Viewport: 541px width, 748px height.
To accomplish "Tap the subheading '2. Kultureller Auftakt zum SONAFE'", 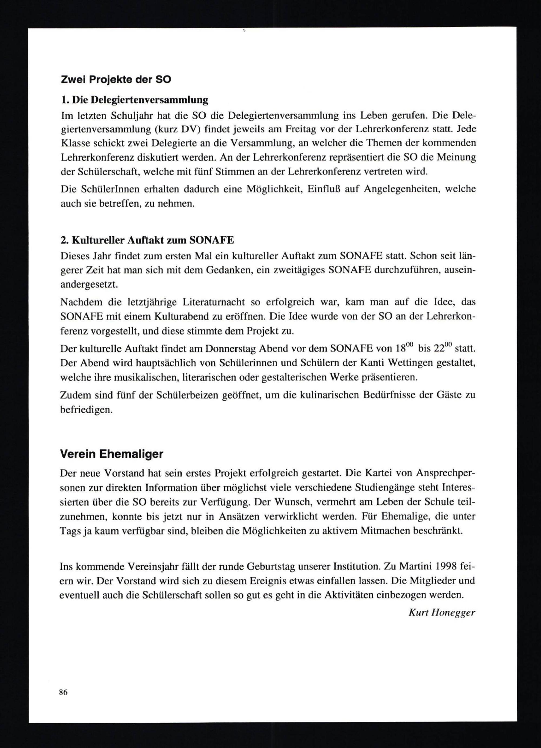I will point(147,240).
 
